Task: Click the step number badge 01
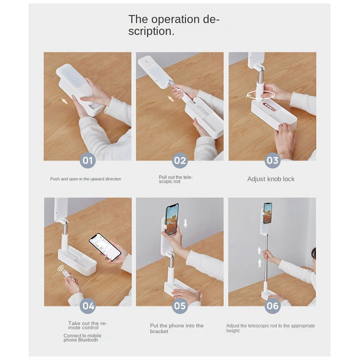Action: (88, 160)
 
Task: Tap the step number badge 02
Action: (180, 160)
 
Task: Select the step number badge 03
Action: (272, 160)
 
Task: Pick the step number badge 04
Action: (88, 306)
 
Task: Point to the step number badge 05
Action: (180, 306)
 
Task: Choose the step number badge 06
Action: (272, 306)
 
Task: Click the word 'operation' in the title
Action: (175, 19)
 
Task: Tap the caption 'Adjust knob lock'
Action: (271, 179)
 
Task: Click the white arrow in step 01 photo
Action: (64, 101)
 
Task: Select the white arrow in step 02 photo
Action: (171, 99)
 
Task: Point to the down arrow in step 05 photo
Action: (185, 223)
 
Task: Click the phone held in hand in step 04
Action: (105, 247)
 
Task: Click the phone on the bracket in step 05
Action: (172, 219)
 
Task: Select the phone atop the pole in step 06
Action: (268, 213)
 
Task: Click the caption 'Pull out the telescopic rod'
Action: (176, 179)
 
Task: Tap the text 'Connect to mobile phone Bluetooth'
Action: (82, 338)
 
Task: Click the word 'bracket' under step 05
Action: (159, 331)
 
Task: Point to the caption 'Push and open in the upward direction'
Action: (86, 179)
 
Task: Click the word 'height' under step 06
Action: (233, 331)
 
